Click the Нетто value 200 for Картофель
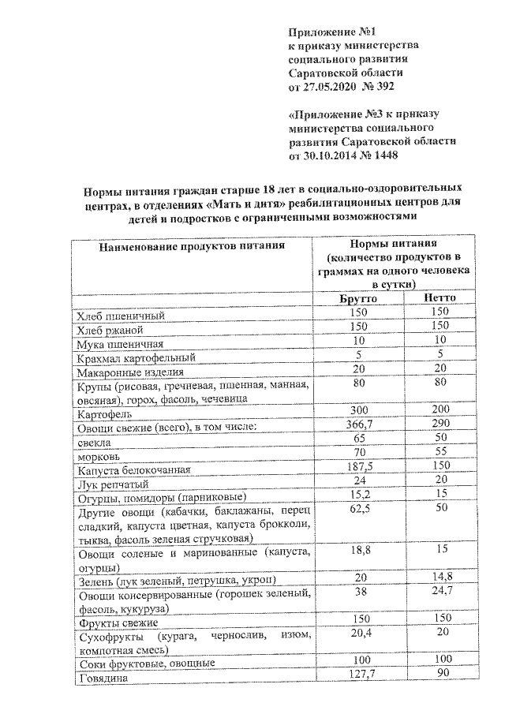pyautogui.click(x=440, y=409)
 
